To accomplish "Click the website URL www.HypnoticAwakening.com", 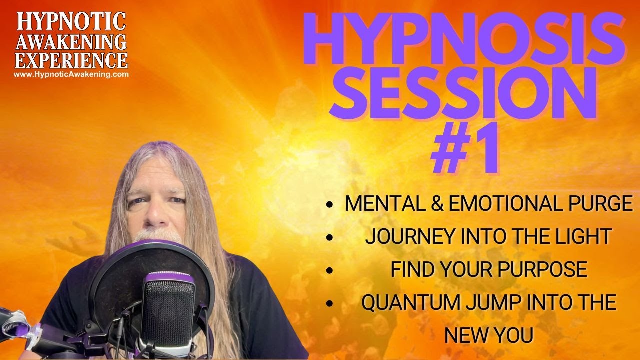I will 71,74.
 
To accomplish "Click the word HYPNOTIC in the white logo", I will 71,21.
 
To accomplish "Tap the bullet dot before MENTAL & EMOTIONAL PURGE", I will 329,204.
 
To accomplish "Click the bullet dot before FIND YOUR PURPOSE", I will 329,270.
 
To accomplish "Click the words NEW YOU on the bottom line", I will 488,335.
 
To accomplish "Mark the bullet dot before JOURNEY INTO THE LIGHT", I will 329,237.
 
